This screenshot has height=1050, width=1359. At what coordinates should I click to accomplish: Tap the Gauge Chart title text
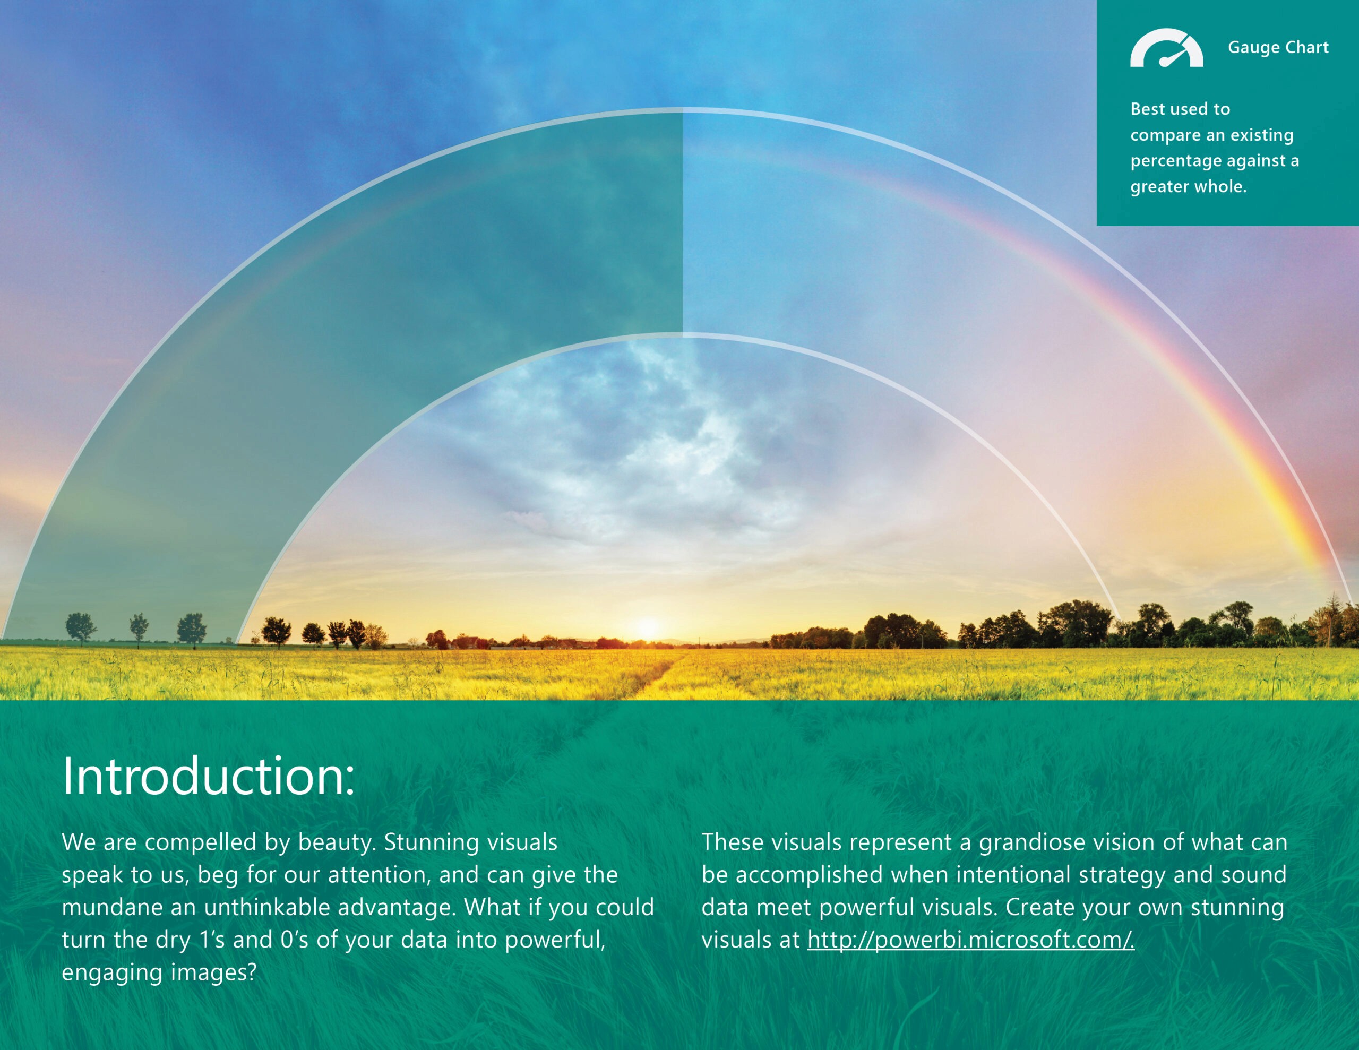tap(1278, 48)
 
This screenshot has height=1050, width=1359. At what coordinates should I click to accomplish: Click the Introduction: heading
tap(209, 776)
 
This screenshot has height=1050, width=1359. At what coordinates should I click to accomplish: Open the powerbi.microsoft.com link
tap(971, 939)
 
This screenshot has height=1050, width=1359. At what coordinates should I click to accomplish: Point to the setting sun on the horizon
tap(647, 627)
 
